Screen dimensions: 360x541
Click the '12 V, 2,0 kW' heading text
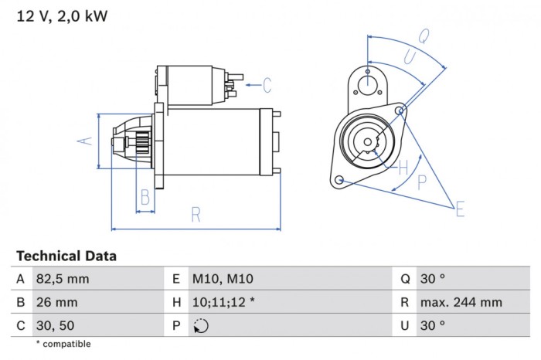click(62, 16)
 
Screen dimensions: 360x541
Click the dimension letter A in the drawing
click(87, 140)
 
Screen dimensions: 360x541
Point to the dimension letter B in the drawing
click(145, 199)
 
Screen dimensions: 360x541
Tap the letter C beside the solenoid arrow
click(267, 84)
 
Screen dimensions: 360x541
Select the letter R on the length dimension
click(196, 213)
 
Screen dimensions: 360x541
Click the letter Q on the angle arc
click(424, 36)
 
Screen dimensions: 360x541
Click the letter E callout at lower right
click(460, 209)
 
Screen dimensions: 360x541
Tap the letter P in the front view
click(422, 182)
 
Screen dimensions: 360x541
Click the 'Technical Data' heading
click(66, 256)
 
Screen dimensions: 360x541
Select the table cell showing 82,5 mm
click(63, 278)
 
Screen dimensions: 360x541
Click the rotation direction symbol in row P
click(201, 326)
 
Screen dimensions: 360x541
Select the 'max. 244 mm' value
click(461, 302)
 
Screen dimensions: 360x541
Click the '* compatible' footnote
click(63, 344)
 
